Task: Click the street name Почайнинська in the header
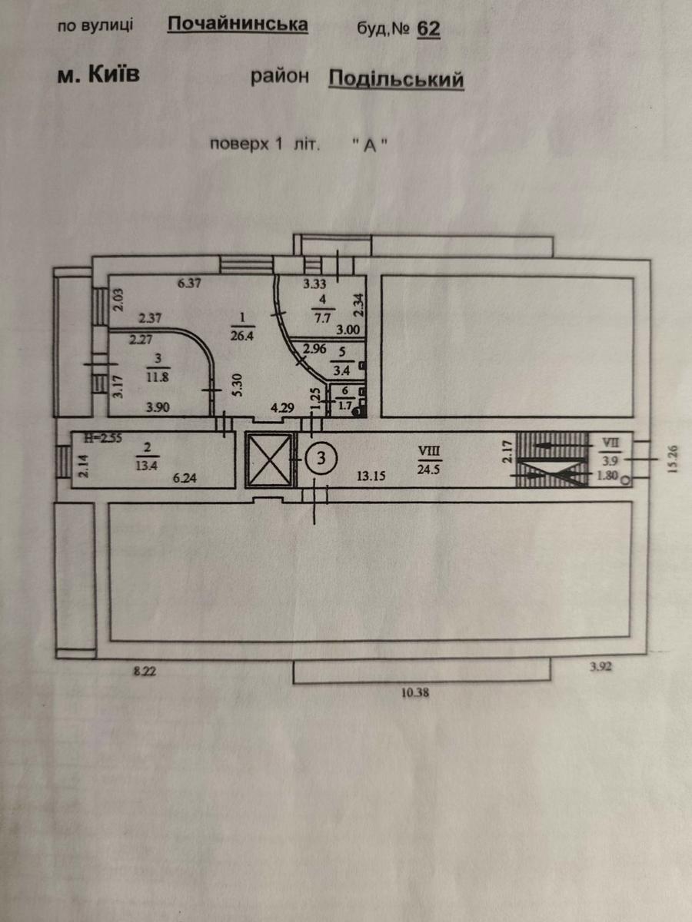[238, 25]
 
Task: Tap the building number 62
[428, 28]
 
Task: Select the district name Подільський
[396, 79]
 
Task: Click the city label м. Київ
[98, 75]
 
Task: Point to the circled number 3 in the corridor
[321, 457]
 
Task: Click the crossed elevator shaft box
[268, 459]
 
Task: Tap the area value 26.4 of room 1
[242, 336]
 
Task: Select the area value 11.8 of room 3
[157, 376]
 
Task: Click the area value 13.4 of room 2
[146, 466]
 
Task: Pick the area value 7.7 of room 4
[323, 318]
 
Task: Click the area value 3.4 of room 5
[341, 371]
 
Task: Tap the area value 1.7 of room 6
[345, 406]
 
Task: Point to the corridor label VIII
[429, 451]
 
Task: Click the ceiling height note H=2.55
[103, 438]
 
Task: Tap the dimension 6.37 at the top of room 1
[189, 283]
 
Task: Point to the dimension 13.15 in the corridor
[371, 476]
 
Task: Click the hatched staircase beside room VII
[552, 459]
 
